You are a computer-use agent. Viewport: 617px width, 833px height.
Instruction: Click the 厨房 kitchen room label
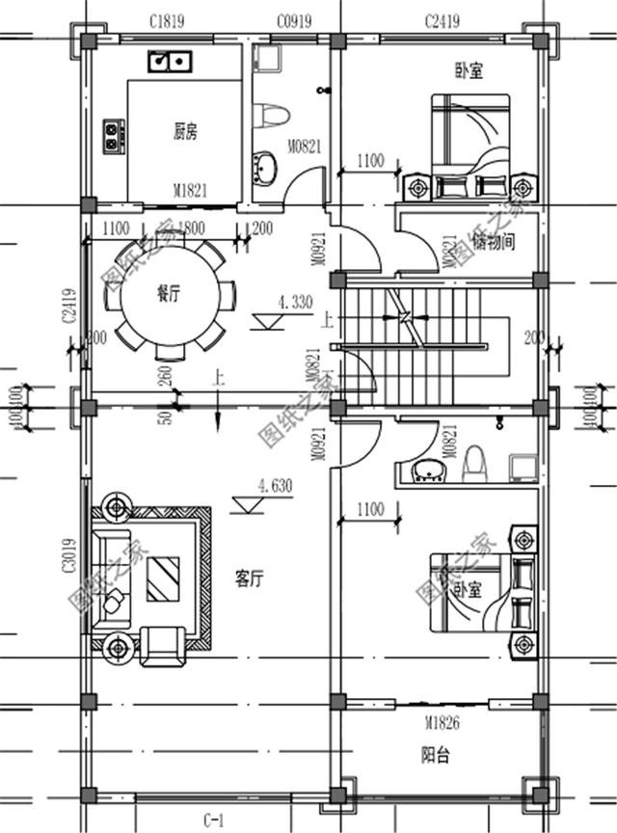(186, 130)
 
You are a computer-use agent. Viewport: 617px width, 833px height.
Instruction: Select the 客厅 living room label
(249, 578)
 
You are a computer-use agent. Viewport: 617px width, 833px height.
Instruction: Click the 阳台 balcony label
(436, 754)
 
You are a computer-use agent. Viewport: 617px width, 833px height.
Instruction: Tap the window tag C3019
(69, 555)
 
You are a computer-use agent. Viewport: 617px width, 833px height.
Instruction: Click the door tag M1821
(190, 191)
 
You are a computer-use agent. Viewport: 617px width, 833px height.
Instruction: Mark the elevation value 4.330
(294, 302)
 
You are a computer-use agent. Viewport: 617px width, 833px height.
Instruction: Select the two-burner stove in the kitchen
(113, 134)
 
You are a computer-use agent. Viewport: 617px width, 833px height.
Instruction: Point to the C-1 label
(214, 820)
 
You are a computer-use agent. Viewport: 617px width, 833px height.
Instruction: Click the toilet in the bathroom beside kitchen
(273, 116)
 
